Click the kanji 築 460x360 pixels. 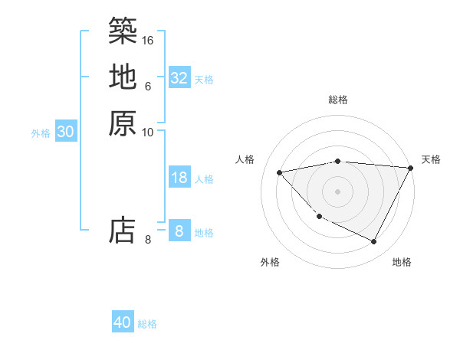click(x=123, y=31)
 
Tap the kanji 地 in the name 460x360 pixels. click(x=123, y=77)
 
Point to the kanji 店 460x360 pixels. click(x=123, y=230)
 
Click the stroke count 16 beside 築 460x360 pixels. click(x=148, y=39)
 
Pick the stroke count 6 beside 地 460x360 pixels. click(x=148, y=86)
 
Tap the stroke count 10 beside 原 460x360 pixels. click(x=148, y=132)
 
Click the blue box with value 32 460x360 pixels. click(x=179, y=78)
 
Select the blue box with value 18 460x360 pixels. click(x=179, y=178)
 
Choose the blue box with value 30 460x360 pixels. click(x=66, y=132)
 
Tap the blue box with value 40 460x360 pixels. click(x=123, y=322)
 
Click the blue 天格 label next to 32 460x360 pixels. click(x=204, y=80)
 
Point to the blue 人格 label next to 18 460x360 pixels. click(x=204, y=179)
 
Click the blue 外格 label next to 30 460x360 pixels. click(x=41, y=133)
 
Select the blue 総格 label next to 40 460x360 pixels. click(x=147, y=324)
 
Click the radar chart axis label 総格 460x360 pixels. click(x=338, y=100)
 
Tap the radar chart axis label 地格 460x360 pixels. click(x=402, y=262)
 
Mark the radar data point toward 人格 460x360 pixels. click(x=280, y=172)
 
